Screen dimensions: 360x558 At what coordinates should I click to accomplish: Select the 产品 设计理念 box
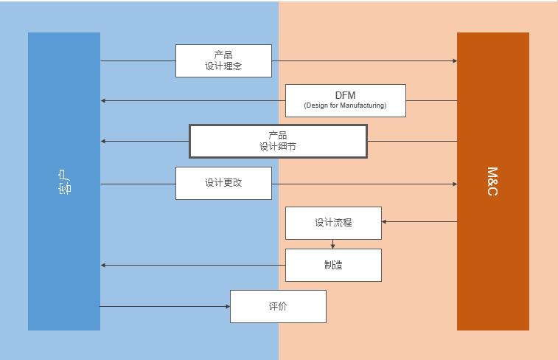[x=223, y=60]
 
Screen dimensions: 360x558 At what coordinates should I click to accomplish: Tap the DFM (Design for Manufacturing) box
[x=345, y=100]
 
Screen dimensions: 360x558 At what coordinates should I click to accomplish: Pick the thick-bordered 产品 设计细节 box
[x=278, y=141]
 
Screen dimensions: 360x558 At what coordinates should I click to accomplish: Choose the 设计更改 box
[x=223, y=183]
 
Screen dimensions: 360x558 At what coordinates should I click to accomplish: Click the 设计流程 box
[x=333, y=223]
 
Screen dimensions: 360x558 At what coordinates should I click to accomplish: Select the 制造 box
[x=333, y=265]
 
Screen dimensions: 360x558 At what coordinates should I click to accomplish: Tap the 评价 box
[x=278, y=306]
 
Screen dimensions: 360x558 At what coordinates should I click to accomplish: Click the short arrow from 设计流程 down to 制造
[x=333, y=244]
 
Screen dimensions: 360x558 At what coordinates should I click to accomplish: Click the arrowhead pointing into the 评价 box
[x=227, y=306]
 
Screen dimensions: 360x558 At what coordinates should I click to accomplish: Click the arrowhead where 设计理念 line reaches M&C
[x=454, y=60]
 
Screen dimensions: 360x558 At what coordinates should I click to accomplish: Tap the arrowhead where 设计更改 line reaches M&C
[x=454, y=184]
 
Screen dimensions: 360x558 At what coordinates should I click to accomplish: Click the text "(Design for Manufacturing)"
[x=345, y=105]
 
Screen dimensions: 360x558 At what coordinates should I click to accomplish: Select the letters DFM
[x=345, y=95]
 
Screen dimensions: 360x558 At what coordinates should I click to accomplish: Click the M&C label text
[x=492, y=181]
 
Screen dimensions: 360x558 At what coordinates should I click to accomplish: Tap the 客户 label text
[x=64, y=181]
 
